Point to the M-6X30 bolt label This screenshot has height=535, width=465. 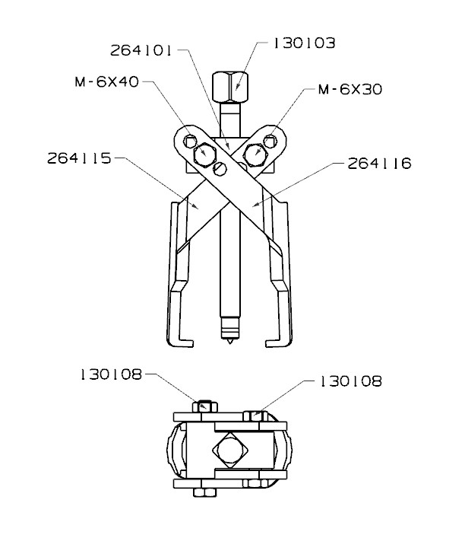pyautogui.click(x=350, y=90)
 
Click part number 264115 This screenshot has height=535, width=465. pyautogui.click(x=79, y=159)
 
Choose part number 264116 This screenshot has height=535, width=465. pyautogui.click(x=379, y=163)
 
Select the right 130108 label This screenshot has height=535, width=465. pyautogui.click(x=350, y=380)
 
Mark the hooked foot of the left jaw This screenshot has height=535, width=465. pyautogui.click(x=177, y=339)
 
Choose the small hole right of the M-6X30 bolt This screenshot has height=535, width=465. pyautogui.click(x=271, y=139)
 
